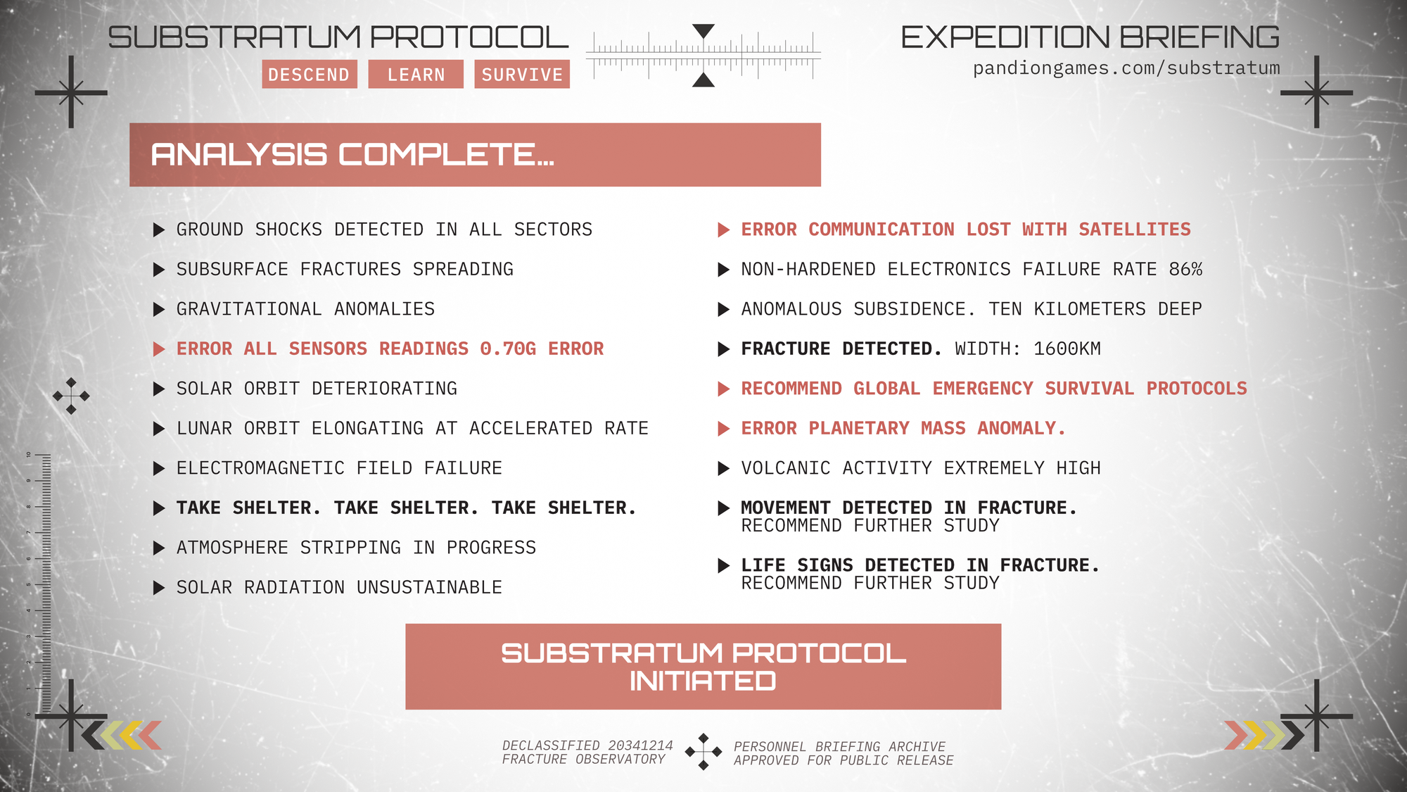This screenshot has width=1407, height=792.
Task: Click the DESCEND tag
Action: pos(310,74)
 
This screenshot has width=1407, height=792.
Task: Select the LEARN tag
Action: pos(416,74)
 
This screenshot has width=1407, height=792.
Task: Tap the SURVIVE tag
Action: pos(522,74)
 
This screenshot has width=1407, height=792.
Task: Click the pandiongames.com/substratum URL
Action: pos(1126,68)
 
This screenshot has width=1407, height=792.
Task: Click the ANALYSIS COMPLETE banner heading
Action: pos(352,155)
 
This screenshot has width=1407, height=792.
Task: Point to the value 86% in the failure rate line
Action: pos(1185,269)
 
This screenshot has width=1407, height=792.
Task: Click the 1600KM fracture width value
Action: pos(1067,348)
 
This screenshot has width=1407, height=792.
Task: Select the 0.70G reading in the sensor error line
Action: pos(508,348)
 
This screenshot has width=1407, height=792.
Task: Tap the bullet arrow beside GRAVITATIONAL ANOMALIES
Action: pos(159,309)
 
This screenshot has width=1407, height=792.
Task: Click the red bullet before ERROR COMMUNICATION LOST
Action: pos(723,230)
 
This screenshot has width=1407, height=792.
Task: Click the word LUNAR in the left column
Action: pos(204,428)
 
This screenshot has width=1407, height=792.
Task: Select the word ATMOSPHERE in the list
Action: pos(232,548)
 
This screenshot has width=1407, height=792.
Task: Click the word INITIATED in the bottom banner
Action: pos(703,681)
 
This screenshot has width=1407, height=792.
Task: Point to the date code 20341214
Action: pos(640,746)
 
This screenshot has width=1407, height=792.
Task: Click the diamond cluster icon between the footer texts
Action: pos(703,752)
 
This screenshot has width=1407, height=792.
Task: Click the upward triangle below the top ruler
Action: pos(703,80)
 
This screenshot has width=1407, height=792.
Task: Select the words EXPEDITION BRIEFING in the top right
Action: pos(1090,37)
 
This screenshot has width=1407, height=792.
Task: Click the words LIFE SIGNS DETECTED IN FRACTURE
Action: pos(920,565)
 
